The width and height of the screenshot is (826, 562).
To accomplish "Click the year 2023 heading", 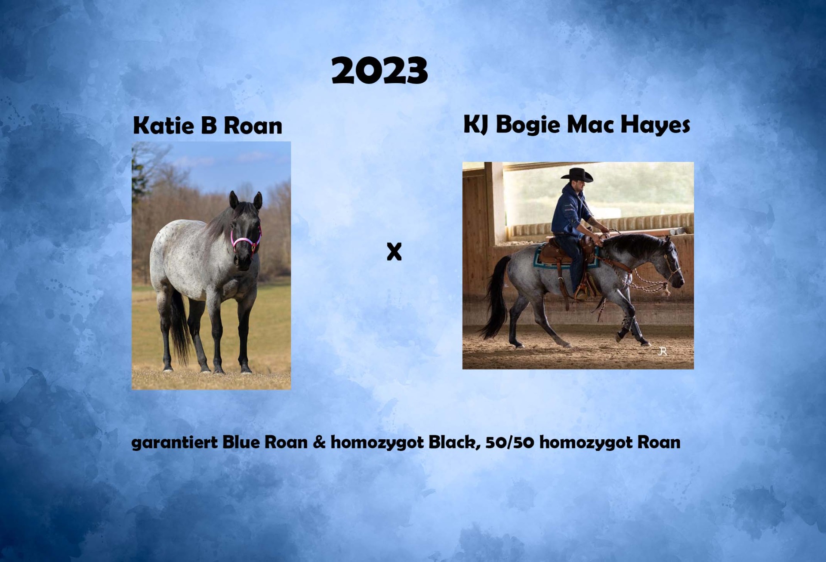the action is [379, 71].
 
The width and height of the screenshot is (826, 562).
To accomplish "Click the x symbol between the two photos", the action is [394, 252].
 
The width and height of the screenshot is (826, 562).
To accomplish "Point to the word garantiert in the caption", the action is [175, 443].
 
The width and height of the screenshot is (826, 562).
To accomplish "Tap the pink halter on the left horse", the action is [246, 239].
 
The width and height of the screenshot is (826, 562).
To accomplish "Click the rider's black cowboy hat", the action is [577, 174].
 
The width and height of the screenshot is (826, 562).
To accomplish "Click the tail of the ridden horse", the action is [496, 297].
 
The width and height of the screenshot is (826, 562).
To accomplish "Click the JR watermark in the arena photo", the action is [663, 351].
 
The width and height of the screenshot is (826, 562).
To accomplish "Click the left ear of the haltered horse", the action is [234, 200].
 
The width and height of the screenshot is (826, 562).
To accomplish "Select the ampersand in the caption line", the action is [319, 442].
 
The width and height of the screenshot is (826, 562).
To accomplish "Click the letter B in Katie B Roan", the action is [208, 125].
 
